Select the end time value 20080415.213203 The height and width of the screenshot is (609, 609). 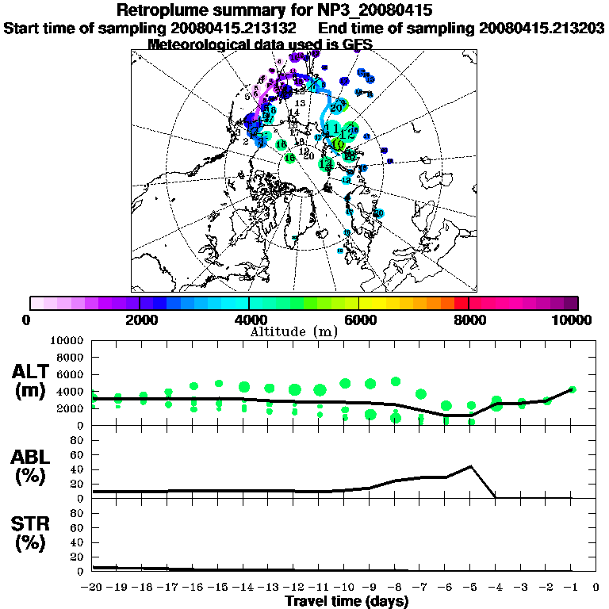(542, 28)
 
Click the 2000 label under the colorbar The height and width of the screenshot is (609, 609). (140, 320)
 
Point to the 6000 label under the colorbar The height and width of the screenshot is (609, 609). (359, 320)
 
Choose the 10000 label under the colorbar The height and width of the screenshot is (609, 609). (573, 320)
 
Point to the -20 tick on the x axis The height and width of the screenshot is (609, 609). (94, 588)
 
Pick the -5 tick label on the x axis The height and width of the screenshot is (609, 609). (471, 588)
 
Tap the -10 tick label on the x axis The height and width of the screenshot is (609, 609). (345, 588)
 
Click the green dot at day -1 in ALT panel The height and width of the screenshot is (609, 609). (573, 389)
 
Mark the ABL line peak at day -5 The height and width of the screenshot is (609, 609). (471, 466)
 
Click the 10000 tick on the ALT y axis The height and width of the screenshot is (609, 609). (67, 340)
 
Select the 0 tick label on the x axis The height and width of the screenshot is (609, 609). (597, 588)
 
